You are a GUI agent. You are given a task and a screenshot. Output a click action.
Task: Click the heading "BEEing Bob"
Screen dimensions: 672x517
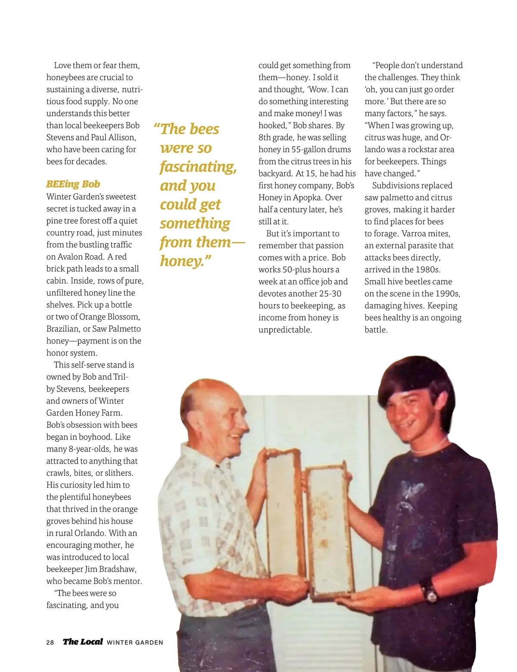73,184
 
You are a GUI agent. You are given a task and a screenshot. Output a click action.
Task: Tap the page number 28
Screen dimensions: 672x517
50,642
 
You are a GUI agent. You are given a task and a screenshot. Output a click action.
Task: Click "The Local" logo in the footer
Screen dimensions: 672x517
83,642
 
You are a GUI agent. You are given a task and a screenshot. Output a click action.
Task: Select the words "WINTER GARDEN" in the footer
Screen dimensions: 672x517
135,642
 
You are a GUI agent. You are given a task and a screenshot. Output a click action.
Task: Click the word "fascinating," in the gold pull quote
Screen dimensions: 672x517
198,167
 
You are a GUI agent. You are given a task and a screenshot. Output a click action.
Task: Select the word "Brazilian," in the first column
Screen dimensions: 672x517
63,329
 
